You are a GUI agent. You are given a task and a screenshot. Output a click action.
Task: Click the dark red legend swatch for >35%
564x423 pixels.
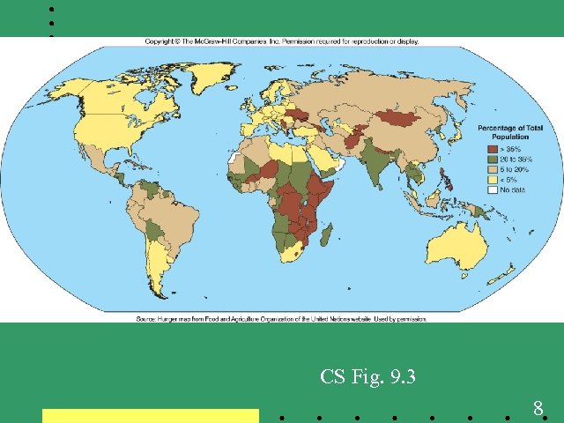pos(493,150)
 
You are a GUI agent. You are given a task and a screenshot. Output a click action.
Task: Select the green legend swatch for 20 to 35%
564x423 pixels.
pos(493,160)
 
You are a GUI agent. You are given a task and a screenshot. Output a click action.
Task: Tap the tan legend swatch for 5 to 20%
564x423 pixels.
pos(493,170)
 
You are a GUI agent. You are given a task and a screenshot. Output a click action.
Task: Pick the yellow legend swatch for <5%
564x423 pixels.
pos(493,181)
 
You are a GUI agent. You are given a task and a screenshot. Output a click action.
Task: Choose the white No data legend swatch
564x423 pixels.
pos(493,190)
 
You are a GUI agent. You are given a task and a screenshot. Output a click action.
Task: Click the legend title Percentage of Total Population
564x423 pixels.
pos(510,133)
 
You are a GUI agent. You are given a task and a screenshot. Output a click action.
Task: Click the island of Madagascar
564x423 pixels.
pos(327,234)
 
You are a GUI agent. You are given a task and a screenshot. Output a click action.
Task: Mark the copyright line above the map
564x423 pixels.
pos(282,41)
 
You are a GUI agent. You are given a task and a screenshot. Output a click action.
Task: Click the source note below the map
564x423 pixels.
pos(281,318)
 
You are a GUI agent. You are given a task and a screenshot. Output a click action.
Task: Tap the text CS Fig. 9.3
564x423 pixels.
pos(367,378)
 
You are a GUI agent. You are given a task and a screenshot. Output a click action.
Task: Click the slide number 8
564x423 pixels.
pos(537,408)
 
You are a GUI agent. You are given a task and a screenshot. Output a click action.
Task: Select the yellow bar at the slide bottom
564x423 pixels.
pos(151,415)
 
